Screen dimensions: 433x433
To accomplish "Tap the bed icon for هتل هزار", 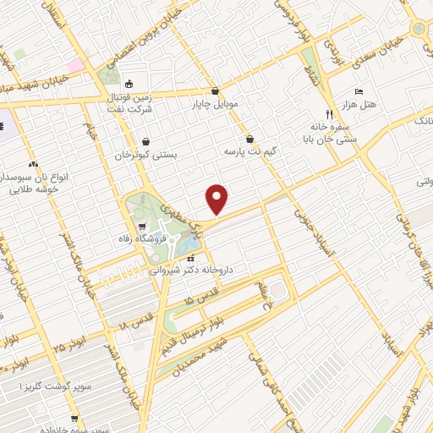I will pos(359,90).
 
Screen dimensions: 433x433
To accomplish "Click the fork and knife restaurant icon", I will pos(329,113).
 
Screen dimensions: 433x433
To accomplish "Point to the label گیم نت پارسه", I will pos(250,151).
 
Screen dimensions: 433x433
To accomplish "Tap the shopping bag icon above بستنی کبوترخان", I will pos(148,141).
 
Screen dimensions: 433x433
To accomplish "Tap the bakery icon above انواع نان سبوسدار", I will pos(33,163).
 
